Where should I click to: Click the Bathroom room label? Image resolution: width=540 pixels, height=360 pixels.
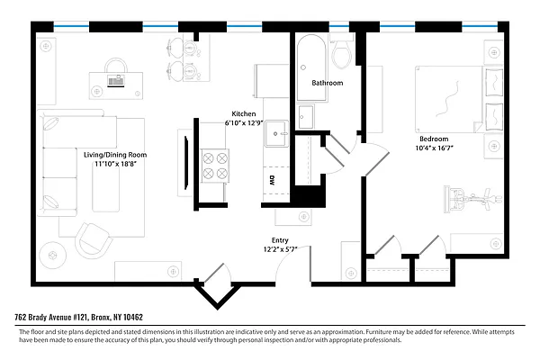coord(328,83)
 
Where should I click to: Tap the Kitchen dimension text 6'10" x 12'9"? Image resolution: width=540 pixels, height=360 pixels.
coord(244,122)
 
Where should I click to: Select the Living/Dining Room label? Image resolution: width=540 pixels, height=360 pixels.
coord(115,155)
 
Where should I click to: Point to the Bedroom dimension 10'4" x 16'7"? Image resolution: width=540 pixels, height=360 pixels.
coord(434,148)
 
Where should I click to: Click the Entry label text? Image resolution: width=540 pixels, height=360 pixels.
coord(280,240)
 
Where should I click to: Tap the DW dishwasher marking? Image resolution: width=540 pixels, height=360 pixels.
coord(272,181)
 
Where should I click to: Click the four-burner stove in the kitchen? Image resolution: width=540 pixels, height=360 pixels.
coord(215,166)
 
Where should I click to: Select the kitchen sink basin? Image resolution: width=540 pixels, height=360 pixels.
coord(276,133)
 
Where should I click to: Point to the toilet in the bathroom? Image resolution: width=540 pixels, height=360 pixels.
coord(342,54)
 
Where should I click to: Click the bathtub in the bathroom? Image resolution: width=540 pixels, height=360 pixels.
coord(311,67)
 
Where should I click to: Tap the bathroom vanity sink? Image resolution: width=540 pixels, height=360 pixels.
coord(306,117)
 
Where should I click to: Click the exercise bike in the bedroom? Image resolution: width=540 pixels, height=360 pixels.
coord(472,200)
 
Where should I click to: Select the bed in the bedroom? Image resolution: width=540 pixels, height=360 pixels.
coord(459,99)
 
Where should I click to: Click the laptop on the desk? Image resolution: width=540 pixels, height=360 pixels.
coord(116,81)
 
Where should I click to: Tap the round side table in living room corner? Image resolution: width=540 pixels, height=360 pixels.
coord(53,256)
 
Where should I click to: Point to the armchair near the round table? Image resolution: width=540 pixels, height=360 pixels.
coord(93,240)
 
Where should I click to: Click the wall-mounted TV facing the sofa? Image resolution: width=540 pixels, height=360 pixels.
coord(186,163)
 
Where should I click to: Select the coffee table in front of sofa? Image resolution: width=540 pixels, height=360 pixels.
coord(106,189)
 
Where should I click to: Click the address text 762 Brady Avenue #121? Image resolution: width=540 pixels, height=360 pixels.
coord(51,317)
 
